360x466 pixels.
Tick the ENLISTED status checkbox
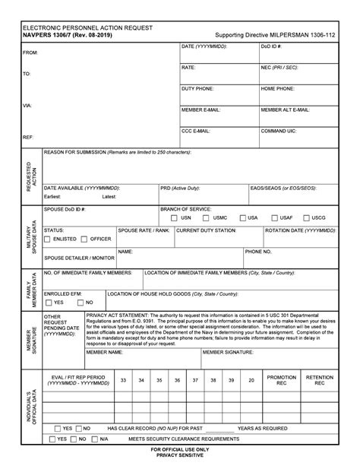(x=48, y=239)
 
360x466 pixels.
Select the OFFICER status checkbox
(x=85, y=239)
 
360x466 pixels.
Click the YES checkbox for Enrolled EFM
(x=48, y=303)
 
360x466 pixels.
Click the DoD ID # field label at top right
(x=272, y=46)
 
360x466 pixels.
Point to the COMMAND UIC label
(x=279, y=131)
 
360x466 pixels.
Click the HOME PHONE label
(x=279, y=88)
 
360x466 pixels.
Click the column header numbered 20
(x=251, y=379)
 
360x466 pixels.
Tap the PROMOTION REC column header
(x=281, y=380)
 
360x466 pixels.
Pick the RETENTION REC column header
(x=320, y=380)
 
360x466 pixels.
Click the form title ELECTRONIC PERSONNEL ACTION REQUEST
(x=87, y=27)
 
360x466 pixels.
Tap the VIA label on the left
(x=27, y=105)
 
